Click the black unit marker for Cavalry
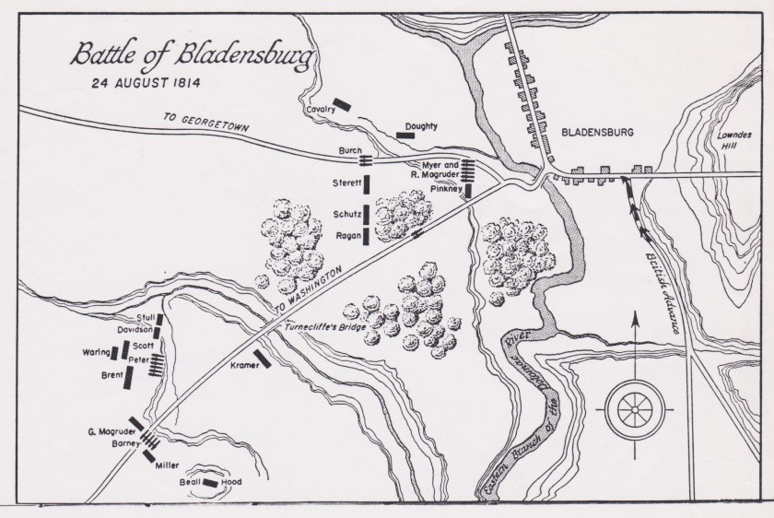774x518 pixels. [x=343, y=103]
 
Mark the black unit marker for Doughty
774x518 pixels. [x=405, y=135]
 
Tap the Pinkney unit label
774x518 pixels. [x=446, y=187]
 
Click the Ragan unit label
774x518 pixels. [x=347, y=235]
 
